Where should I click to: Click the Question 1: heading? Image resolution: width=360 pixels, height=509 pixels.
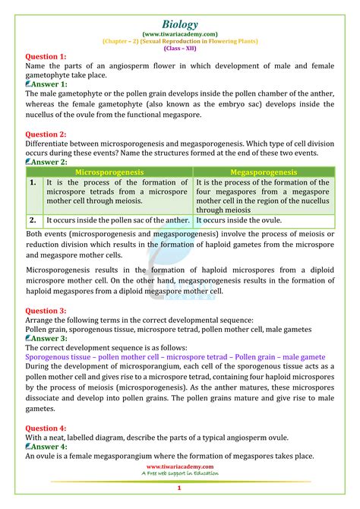pos(46,57)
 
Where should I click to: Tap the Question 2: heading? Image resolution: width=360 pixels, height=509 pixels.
pos(46,134)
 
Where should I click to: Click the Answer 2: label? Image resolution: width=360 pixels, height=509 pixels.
pos(50,162)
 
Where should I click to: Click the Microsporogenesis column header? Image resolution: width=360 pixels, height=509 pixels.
pos(109,172)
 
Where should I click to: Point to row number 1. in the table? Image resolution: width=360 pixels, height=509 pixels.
pos(33,183)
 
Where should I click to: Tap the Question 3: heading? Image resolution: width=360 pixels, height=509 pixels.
pos(46,311)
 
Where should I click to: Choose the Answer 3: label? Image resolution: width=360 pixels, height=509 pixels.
pos(50,338)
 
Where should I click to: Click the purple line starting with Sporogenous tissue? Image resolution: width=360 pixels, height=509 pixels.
pos(175,356)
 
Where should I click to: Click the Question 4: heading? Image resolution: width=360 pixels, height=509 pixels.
pos(46,428)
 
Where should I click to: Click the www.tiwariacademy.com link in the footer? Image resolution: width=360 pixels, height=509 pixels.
pos(179,466)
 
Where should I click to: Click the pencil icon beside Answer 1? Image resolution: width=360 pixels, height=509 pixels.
pos(29,84)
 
